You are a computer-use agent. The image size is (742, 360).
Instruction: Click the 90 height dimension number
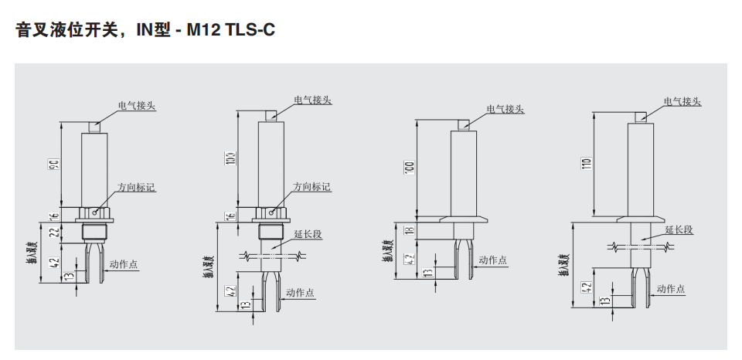[53, 165]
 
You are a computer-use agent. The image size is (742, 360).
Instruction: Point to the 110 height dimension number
[587, 165]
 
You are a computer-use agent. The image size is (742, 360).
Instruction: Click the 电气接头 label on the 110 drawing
[682, 101]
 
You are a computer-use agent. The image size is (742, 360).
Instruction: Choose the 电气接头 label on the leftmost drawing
[137, 105]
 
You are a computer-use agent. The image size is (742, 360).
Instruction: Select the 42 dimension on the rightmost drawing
[587, 287]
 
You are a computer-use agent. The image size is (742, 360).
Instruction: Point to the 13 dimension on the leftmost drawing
[71, 274]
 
